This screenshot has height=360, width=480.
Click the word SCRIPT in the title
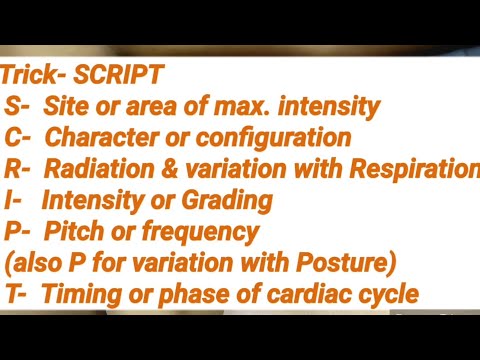tap(123, 75)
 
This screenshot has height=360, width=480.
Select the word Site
tap(68, 106)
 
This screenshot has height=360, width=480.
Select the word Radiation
tap(106, 169)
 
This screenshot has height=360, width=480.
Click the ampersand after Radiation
tap(168, 169)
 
